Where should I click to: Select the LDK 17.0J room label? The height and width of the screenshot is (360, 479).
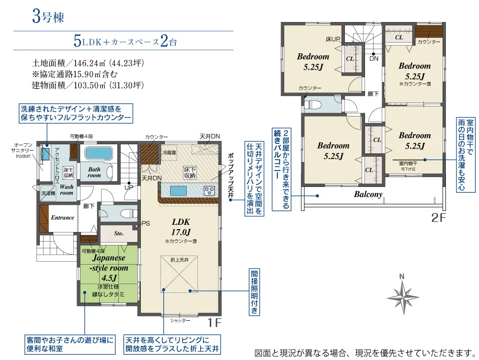(x=181, y=226)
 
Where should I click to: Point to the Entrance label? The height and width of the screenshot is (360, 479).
(x=63, y=218)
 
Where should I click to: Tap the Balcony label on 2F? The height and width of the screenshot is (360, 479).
(x=368, y=194)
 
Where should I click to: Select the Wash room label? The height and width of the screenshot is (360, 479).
(x=66, y=189)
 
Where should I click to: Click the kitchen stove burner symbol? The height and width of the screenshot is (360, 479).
(x=209, y=190)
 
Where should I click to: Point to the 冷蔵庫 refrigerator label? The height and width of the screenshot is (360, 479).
(x=170, y=152)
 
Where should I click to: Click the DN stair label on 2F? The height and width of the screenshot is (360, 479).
(x=373, y=58)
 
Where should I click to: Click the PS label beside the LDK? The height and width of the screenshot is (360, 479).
(x=146, y=223)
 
